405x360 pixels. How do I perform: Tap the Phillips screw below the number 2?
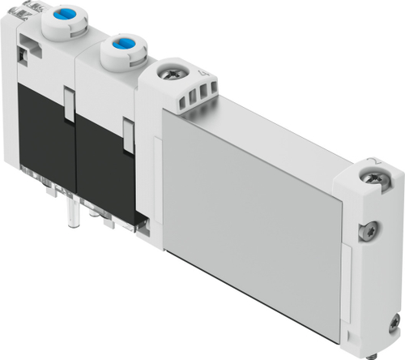tap(374, 174)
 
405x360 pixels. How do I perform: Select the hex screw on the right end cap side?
tap(372, 229)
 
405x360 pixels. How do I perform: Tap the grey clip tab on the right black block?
tap(128, 133)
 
